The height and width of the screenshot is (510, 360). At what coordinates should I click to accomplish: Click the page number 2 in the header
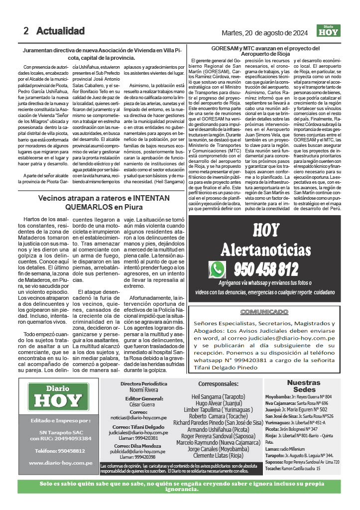point(26,31)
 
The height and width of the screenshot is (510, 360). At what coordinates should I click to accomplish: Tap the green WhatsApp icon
point(218,269)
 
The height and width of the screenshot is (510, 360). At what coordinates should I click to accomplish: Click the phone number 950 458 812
point(266,269)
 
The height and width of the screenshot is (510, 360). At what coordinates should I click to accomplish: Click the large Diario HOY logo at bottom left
point(55,397)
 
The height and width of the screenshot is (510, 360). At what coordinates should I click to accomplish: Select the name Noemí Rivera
point(143,390)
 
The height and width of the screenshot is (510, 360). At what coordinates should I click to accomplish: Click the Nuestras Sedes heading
point(304,386)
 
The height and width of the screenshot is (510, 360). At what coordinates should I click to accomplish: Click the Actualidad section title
point(60,31)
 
